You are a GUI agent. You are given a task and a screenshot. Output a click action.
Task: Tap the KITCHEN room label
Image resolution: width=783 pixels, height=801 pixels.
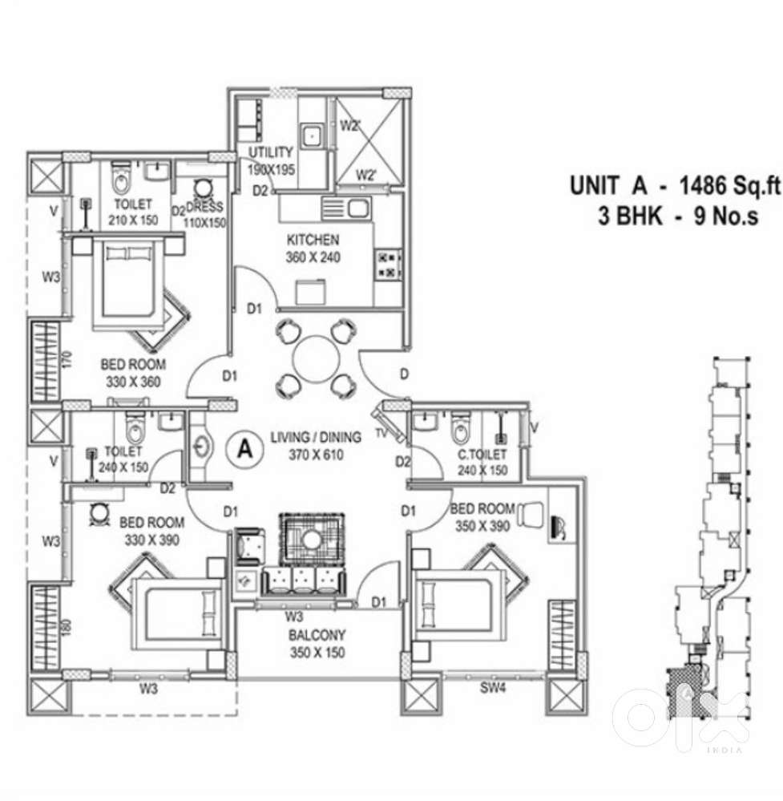(313, 240)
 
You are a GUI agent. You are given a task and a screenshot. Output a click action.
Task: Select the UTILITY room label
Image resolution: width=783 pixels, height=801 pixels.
(270, 152)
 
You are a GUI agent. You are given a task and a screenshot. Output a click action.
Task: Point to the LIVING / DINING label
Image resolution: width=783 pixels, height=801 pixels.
(316, 437)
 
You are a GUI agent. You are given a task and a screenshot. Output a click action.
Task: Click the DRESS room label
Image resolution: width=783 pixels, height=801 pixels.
(204, 206)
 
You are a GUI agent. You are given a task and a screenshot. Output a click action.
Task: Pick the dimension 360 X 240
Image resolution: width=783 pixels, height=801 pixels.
(313, 257)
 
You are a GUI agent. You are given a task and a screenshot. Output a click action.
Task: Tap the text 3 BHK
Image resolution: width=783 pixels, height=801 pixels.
(631, 216)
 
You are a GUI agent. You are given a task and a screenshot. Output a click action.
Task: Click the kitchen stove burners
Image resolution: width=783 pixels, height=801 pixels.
(387, 265)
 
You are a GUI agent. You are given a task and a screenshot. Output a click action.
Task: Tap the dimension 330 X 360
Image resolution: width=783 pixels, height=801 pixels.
(133, 382)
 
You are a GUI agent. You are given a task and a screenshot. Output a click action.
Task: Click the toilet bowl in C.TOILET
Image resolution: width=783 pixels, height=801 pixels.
(460, 431)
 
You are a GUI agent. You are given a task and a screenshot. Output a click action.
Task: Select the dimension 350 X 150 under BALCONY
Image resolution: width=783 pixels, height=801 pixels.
(317, 653)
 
